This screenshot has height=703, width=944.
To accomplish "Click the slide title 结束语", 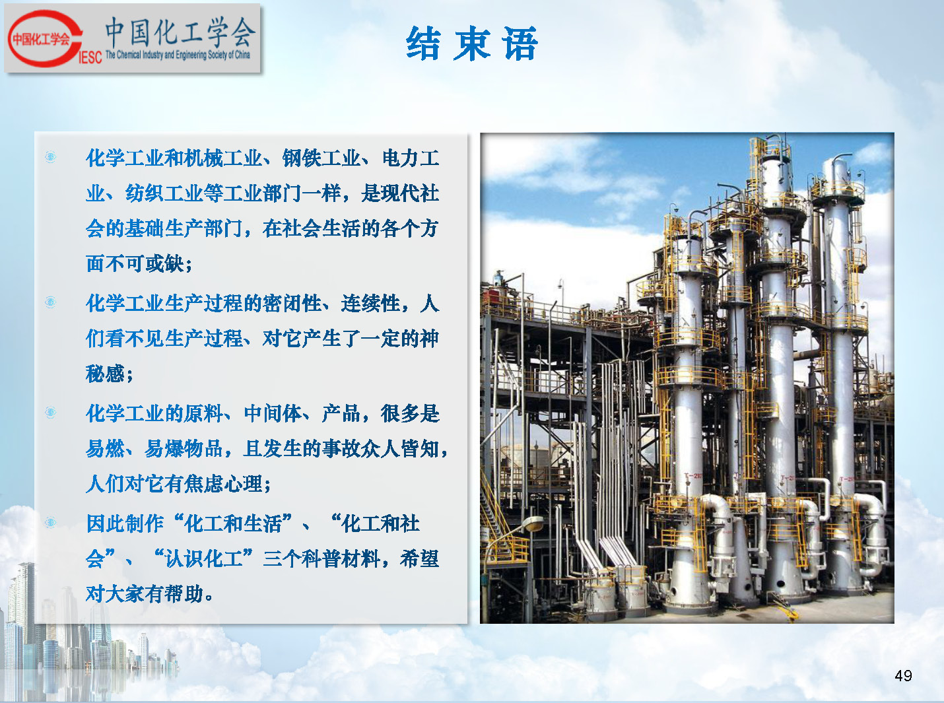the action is [472, 44].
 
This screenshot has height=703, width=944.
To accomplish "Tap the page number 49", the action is [903, 675].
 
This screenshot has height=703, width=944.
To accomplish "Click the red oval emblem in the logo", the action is [45, 39].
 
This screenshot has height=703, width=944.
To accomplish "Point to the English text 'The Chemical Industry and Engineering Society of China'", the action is [178, 55].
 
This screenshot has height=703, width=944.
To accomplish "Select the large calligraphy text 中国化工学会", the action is [180, 32].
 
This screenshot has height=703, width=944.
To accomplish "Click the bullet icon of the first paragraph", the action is [50, 157].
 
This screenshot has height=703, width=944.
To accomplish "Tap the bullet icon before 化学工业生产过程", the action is [50, 302].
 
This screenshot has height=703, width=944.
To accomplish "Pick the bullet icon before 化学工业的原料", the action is [50, 412].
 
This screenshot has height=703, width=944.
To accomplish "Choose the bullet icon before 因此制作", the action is [50, 522].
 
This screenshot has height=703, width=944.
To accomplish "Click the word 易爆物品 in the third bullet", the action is [184, 449].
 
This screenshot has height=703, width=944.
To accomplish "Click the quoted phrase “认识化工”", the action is [203, 558].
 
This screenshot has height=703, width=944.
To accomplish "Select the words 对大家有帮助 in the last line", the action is [145, 594].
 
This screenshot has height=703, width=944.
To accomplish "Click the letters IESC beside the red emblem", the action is [90, 57].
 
